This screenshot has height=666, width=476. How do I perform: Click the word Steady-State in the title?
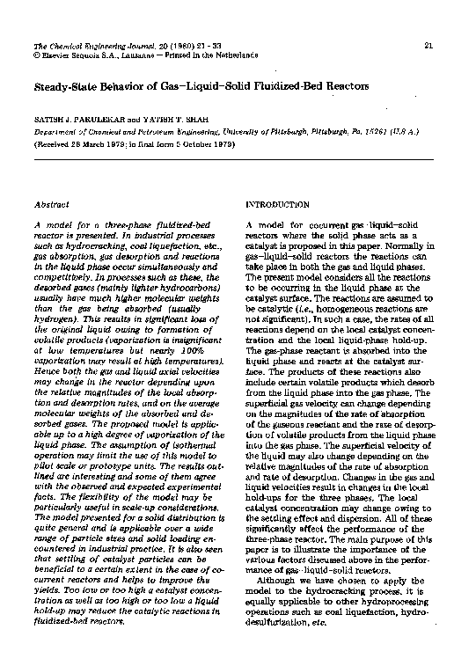[60, 86]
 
